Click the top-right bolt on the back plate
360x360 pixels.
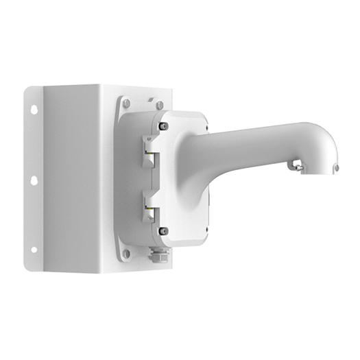pyautogui.click(x=159, y=104)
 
